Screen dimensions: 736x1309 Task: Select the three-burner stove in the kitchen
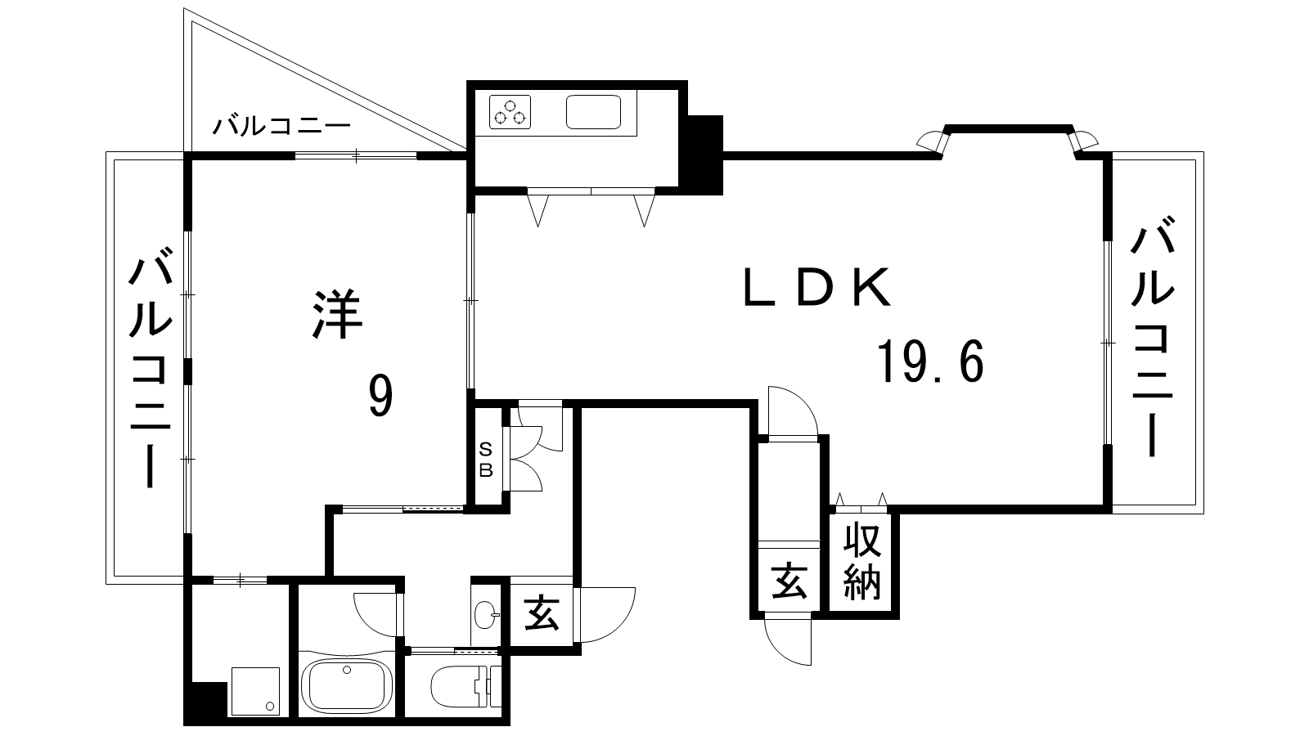(x=511, y=111)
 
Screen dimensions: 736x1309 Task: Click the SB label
(x=486, y=460)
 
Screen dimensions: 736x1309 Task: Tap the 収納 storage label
(x=862, y=561)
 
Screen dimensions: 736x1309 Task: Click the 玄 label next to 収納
(x=789, y=582)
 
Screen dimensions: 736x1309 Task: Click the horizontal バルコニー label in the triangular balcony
(x=282, y=127)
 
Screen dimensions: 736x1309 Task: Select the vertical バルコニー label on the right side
(x=1154, y=335)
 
